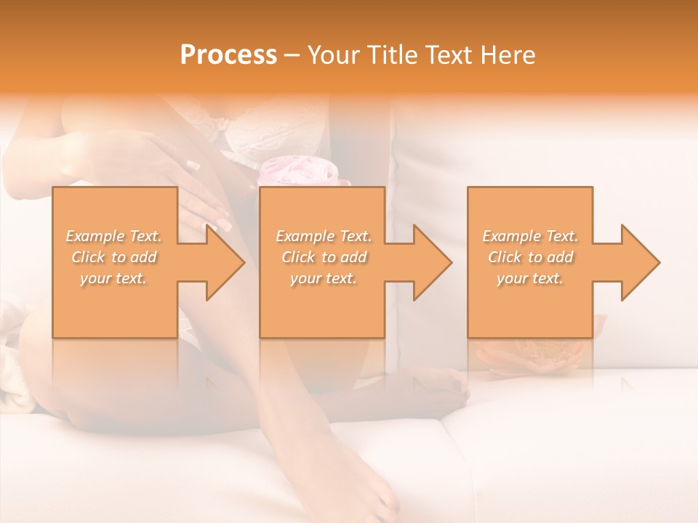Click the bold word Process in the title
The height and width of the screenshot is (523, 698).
tap(228, 55)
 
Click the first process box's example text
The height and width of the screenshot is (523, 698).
tap(113, 257)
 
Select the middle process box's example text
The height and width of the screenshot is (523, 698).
tap(323, 257)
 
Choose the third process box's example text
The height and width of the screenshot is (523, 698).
tap(530, 257)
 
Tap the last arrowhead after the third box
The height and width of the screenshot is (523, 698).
tap(639, 262)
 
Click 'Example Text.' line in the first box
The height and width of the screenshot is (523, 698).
tap(113, 236)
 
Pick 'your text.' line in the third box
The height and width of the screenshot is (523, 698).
tap(530, 278)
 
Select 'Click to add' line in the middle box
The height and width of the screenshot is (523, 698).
tap(323, 257)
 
